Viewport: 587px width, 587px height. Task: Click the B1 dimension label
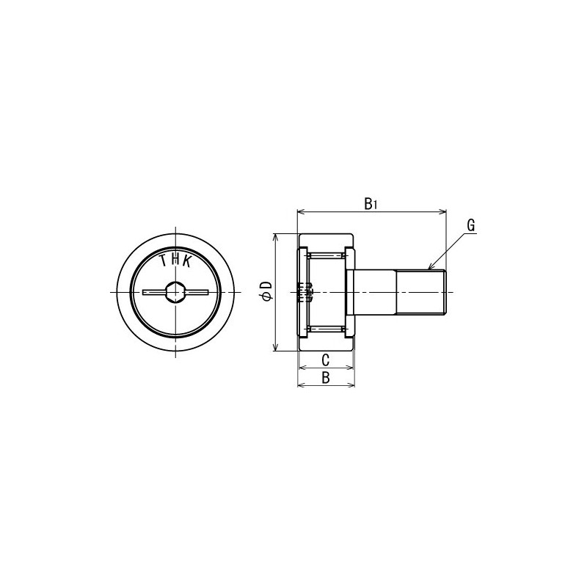[x=371, y=204]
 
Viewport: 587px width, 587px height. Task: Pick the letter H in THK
[x=175, y=258]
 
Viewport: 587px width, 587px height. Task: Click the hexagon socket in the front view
[x=175, y=292]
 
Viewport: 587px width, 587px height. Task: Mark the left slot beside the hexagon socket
[x=153, y=292]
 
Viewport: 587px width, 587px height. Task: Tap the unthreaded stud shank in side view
[x=374, y=293]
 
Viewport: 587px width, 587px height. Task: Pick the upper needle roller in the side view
[x=326, y=257]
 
